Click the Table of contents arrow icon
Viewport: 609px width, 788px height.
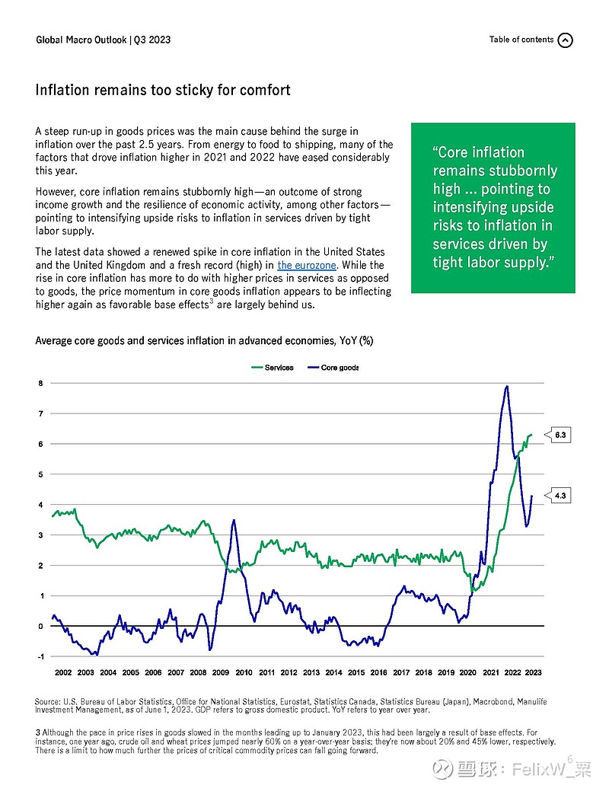coord(566,40)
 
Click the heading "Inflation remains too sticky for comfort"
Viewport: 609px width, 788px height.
coord(163,90)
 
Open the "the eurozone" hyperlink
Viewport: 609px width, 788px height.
coord(307,266)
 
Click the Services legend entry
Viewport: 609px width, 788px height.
coord(273,368)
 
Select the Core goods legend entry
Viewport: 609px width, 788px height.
coord(333,368)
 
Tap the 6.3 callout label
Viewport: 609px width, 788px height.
coord(560,435)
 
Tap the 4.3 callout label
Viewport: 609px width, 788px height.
coord(560,496)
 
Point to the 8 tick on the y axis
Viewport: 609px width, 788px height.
coord(40,383)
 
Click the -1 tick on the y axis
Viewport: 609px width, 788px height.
coord(40,656)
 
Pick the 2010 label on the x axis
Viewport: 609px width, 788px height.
coord(244,672)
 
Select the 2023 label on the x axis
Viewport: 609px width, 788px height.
coord(533,672)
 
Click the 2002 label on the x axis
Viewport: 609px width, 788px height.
coord(63,672)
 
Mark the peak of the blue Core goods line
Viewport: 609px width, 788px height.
coord(507,386)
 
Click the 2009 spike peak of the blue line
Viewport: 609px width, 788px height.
coord(234,520)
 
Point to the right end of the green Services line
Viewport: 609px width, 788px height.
coord(531,435)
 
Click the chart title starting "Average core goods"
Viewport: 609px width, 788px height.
coord(204,341)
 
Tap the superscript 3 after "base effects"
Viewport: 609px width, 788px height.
coord(212,301)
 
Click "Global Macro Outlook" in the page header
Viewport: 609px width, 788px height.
coord(81,40)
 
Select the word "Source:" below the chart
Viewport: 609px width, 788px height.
coord(47,701)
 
